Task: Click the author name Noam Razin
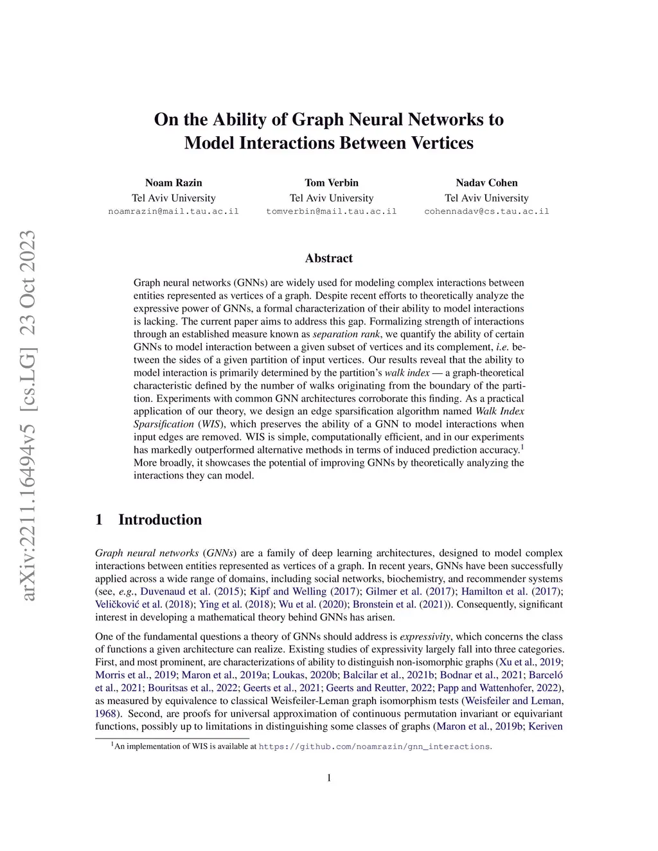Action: (x=173, y=183)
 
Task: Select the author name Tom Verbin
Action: (x=332, y=183)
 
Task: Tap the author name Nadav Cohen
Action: (x=486, y=183)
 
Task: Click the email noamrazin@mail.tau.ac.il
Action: (x=173, y=211)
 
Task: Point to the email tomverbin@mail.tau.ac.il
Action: (x=332, y=211)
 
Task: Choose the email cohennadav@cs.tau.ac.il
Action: (x=486, y=211)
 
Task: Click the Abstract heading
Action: (x=329, y=258)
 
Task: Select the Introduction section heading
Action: (x=159, y=520)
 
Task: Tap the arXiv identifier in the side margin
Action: (x=28, y=416)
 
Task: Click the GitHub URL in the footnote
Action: (x=374, y=747)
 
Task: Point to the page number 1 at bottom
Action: (x=329, y=778)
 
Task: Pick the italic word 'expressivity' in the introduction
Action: (x=425, y=636)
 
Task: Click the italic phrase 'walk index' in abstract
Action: (x=407, y=373)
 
